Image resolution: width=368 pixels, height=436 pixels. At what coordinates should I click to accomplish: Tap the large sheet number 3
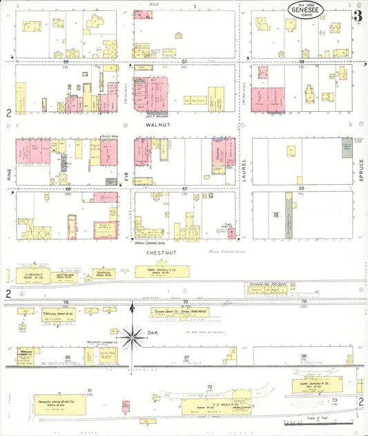356,14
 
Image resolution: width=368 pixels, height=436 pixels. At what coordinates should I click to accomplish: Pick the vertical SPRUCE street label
359,168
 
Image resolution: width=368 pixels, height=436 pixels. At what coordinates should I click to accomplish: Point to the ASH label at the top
153,3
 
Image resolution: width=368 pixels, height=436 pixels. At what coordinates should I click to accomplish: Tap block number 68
301,188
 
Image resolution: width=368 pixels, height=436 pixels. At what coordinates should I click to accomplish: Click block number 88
304,356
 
